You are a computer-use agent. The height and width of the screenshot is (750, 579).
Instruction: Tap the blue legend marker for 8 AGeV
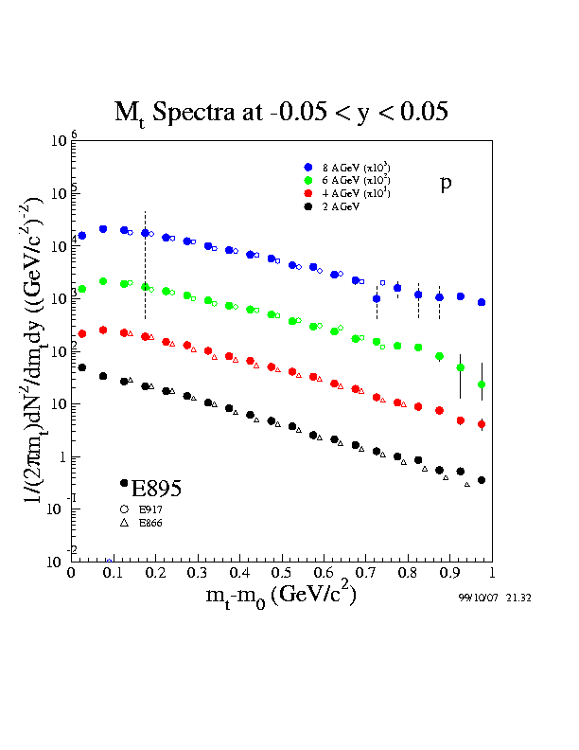(308, 167)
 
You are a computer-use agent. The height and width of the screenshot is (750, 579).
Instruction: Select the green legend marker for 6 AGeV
(308, 179)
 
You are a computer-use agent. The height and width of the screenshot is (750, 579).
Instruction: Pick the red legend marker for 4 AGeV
(308, 192)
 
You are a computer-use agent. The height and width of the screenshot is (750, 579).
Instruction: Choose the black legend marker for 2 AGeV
(308, 205)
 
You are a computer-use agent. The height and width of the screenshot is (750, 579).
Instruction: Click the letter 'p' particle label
(446, 184)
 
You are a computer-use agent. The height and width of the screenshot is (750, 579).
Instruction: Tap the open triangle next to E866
(124, 523)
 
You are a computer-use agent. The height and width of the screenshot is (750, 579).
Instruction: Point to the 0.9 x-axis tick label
(448, 573)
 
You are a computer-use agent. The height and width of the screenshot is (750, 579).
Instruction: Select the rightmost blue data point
(482, 302)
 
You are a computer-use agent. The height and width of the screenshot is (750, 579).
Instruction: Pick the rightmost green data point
(482, 384)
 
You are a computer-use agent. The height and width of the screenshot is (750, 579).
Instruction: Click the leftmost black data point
(82, 367)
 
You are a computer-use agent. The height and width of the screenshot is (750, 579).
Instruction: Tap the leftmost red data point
(82, 333)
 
